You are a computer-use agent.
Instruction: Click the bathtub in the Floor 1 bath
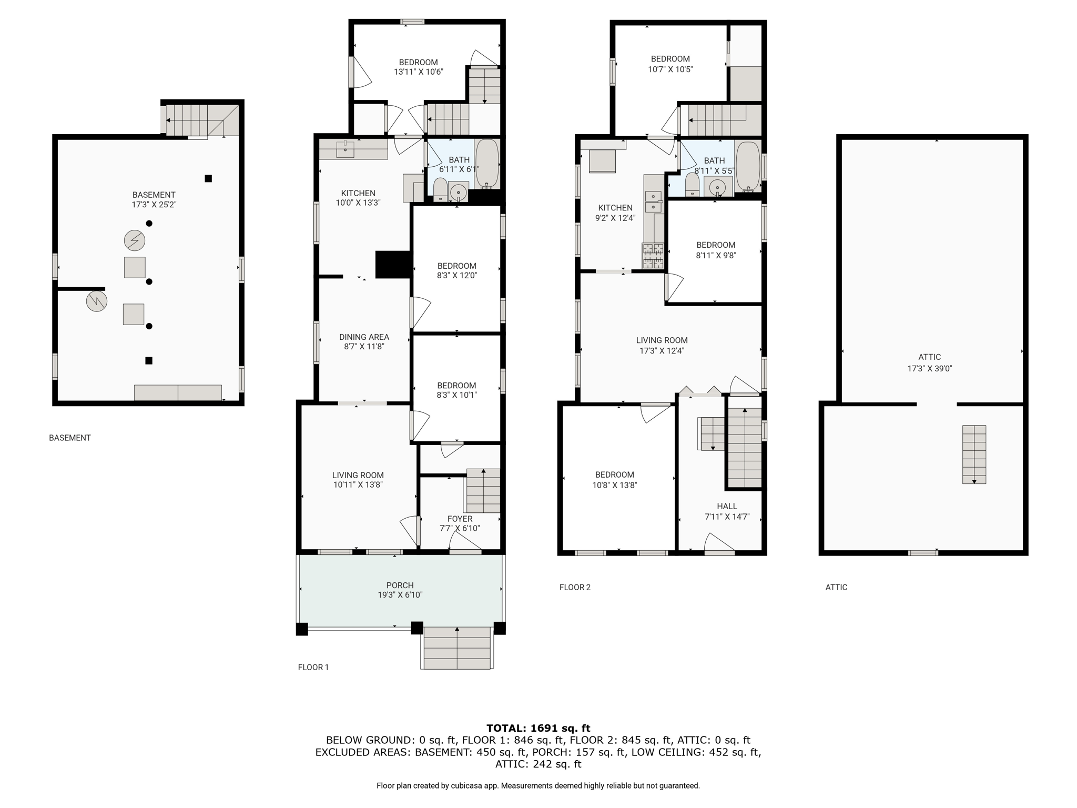coord(487,164)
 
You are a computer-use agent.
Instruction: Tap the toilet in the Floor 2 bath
coord(692,184)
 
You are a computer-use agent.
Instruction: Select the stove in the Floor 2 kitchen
coord(653,256)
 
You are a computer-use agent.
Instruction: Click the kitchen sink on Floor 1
coord(345,149)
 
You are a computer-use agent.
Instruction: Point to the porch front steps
coord(457,648)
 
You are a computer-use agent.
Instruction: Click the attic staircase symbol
coord(974,454)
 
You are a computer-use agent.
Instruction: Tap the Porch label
coord(400,585)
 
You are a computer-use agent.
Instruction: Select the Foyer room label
coord(460,519)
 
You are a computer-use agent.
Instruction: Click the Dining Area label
coord(364,337)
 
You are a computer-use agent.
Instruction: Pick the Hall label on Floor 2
coord(727,506)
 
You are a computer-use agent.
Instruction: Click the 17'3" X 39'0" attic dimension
coord(929,369)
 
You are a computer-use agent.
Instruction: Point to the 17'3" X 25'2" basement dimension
coord(154,205)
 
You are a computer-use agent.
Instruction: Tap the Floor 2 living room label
coord(662,340)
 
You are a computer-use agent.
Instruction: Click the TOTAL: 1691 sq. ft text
coord(538,728)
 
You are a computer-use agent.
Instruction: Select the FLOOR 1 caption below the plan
coord(313,667)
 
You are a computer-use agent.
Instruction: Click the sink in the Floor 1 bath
coord(459,193)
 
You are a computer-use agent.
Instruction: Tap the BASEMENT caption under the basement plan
coord(70,438)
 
